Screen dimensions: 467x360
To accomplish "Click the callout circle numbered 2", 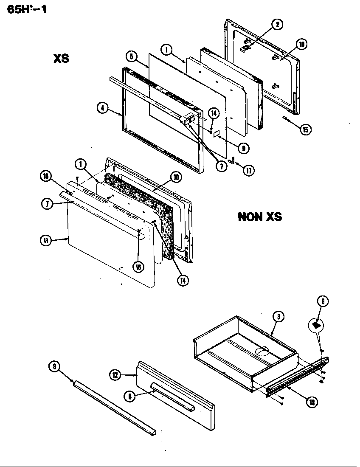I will tap(277, 24).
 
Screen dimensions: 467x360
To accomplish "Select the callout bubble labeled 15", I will tap(305, 129).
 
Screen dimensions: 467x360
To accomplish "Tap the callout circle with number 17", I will tap(249, 171).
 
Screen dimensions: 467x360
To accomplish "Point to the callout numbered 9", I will tap(243, 148).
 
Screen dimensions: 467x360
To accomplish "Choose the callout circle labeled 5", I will tap(131, 56).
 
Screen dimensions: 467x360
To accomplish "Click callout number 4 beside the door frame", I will tap(102, 108).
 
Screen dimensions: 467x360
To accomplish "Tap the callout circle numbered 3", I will tap(278, 316).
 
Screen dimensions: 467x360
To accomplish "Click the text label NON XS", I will tap(259, 217).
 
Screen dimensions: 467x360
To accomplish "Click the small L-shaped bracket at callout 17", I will tap(231, 160).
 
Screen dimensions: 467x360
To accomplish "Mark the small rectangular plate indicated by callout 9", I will tap(216, 134).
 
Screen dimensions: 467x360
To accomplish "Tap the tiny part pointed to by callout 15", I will tap(285, 118).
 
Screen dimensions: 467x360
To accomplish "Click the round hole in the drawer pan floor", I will tap(262, 351).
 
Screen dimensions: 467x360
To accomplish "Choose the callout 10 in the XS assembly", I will tap(301, 44).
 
